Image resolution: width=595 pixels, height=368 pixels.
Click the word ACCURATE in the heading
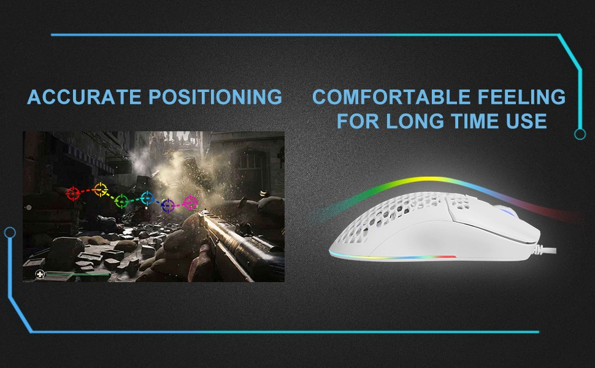84,97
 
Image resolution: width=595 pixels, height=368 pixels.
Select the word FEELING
522,97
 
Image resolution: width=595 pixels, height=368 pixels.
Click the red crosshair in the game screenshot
73,193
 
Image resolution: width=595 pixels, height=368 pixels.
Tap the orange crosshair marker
101,190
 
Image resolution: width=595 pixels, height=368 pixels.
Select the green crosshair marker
121,201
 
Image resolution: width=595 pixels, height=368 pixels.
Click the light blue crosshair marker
147,198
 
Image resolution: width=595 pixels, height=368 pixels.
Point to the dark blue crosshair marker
167,205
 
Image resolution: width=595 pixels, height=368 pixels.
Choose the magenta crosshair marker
190,202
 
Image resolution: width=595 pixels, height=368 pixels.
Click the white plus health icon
40,274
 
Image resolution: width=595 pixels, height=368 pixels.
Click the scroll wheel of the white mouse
505,211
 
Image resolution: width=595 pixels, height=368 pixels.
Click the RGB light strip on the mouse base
393,256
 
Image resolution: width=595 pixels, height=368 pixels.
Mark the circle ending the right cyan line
580,134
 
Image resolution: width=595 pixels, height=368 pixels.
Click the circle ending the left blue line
10,232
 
